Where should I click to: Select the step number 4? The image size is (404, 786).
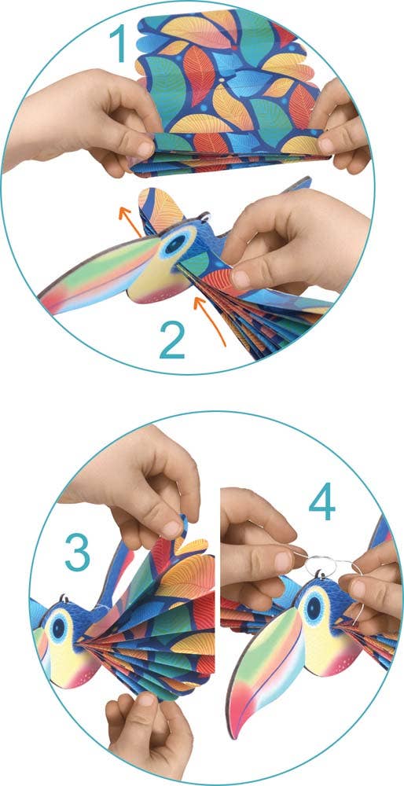321,501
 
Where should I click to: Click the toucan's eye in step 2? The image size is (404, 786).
175,244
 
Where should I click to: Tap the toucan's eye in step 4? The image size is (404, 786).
314,608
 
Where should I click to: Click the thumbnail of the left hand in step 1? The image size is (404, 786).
145,149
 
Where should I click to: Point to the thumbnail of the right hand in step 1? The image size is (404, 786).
328,145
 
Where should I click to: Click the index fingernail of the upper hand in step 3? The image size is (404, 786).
172,528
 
